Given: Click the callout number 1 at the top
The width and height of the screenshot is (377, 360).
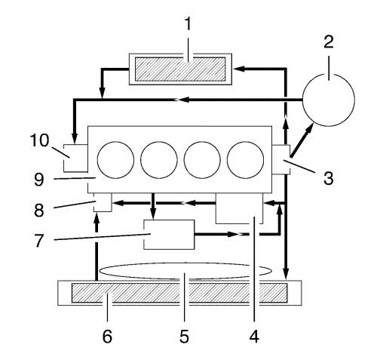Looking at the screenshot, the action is [x=188, y=24].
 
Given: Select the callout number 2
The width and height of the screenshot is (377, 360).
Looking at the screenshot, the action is [x=329, y=42].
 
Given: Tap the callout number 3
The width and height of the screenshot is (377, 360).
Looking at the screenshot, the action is [x=329, y=178].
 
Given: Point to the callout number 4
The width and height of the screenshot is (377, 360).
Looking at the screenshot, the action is [x=254, y=337].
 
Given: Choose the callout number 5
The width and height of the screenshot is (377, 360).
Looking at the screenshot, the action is [x=184, y=337].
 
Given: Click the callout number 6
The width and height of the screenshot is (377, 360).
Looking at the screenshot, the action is [x=107, y=337].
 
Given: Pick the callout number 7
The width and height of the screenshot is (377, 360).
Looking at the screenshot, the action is [x=39, y=240].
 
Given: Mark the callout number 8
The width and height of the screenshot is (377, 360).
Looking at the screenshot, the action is [x=39, y=210].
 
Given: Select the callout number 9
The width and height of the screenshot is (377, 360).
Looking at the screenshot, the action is [x=39, y=180].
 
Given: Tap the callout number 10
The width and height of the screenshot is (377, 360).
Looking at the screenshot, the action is [x=40, y=140].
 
